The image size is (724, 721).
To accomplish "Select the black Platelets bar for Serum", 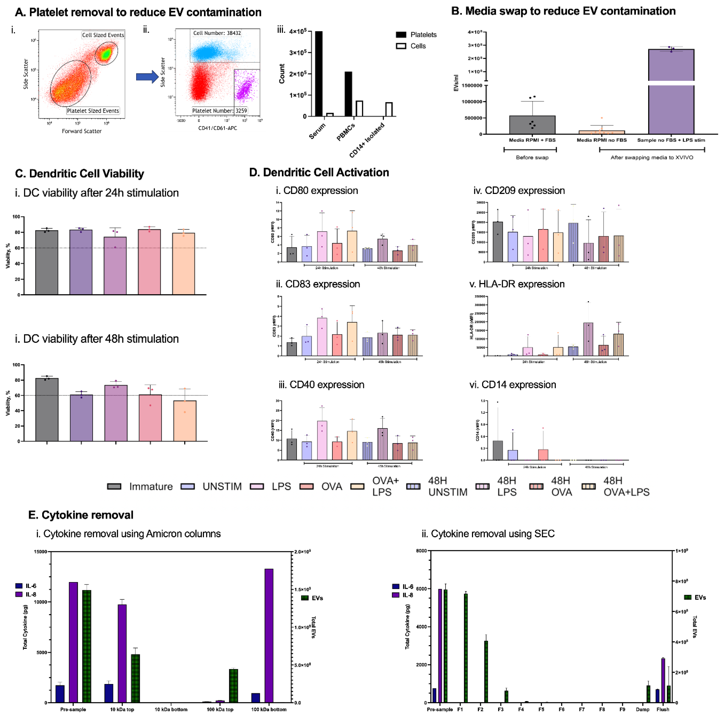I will click(x=319, y=74).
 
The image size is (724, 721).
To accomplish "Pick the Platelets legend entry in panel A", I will click(x=416, y=35).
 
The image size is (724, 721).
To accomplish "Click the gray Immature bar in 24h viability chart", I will click(x=47, y=262).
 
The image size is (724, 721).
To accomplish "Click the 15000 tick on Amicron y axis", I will click(x=41, y=551).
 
